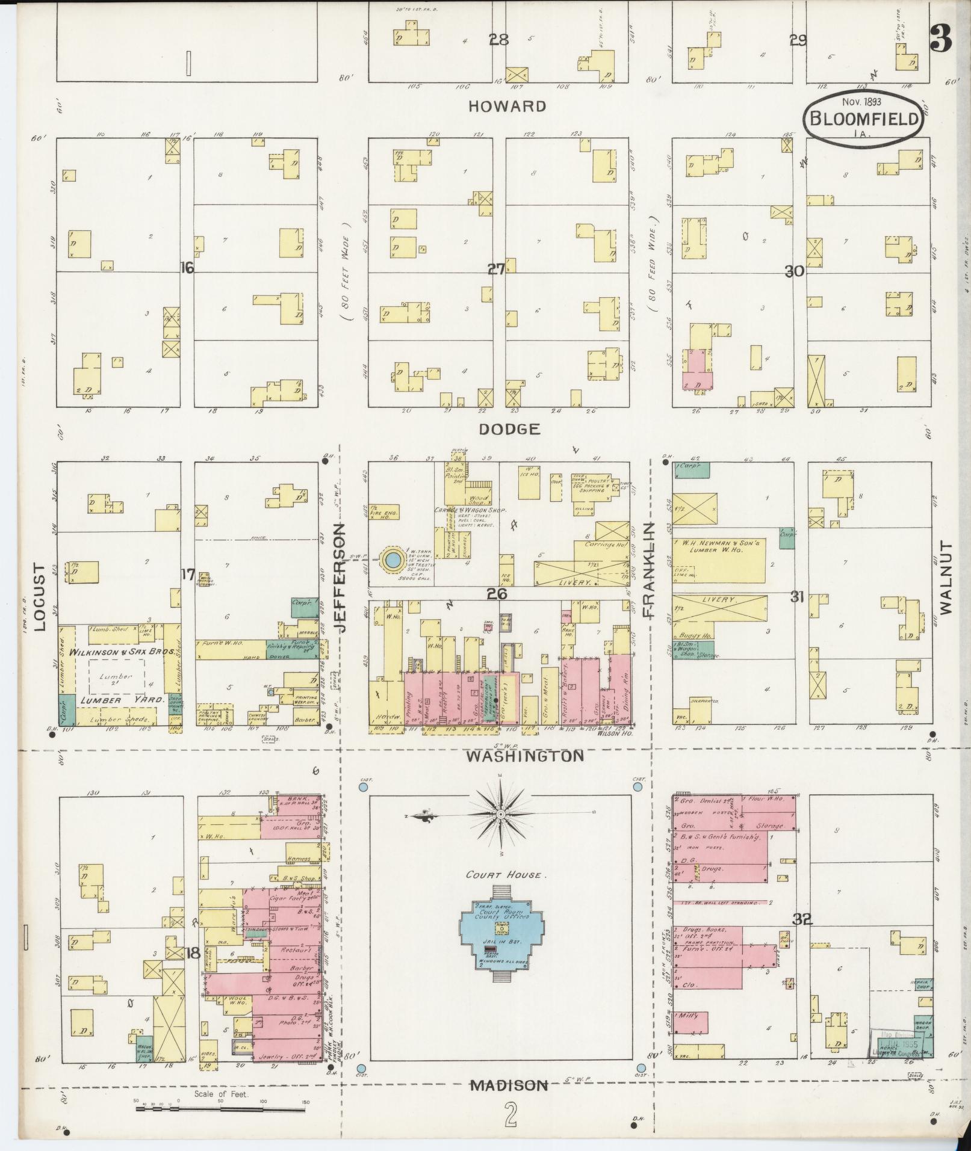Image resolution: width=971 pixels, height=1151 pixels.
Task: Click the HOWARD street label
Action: (x=507, y=106)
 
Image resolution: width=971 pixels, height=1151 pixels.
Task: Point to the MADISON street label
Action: (x=509, y=1085)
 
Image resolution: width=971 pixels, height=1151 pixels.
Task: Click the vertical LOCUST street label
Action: (x=40, y=597)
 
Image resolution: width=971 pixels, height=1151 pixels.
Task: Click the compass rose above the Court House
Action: (x=501, y=813)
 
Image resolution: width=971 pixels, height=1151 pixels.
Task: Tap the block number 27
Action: (x=496, y=270)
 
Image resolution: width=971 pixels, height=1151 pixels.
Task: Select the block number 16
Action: (x=187, y=268)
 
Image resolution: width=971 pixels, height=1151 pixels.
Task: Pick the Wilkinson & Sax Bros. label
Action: (x=122, y=652)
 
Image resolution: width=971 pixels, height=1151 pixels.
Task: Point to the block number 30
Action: (x=794, y=271)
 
